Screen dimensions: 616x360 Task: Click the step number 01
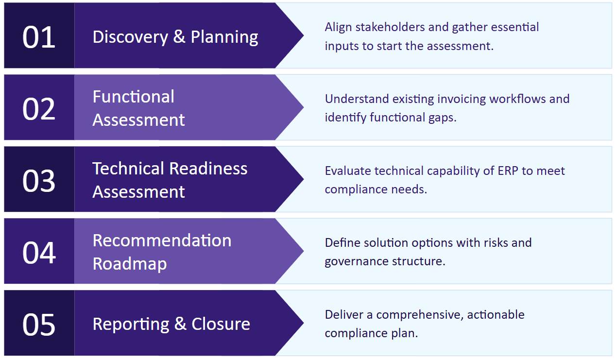[x=39, y=37]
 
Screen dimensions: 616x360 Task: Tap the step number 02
[x=39, y=109]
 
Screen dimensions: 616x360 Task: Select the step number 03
[x=39, y=181]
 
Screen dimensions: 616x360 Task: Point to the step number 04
[x=39, y=253]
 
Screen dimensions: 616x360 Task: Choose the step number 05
[x=39, y=325]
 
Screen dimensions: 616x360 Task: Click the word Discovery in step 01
[x=130, y=37]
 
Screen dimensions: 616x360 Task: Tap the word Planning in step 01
[x=224, y=37]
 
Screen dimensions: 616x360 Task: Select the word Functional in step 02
[x=134, y=97]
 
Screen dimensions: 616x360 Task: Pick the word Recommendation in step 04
[x=162, y=240]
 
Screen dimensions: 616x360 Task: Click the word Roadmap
[x=130, y=264]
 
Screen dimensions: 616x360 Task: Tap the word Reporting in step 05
[x=131, y=324]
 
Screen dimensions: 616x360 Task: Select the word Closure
[x=221, y=324]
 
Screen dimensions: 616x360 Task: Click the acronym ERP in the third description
[x=508, y=171]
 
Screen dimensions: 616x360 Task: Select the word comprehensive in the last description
[x=420, y=315]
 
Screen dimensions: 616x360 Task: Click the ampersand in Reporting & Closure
[x=180, y=324]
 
